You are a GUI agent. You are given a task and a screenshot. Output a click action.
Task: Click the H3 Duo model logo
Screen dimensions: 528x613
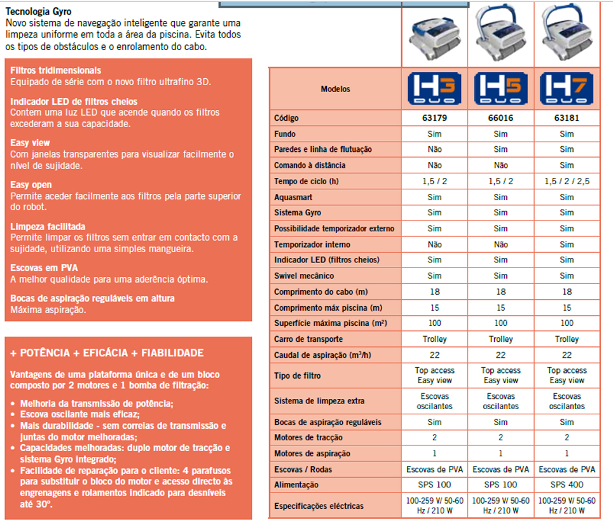[434, 89]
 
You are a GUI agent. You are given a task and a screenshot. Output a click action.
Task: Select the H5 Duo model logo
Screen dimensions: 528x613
[500, 89]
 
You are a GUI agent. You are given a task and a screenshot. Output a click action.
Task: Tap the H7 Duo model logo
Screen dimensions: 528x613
[567, 89]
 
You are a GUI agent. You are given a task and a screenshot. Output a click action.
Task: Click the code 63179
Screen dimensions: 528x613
[434, 118]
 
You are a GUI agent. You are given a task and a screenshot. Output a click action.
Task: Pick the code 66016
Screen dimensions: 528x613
[500, 118]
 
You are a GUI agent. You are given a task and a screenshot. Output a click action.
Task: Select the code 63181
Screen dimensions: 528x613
[567, 118]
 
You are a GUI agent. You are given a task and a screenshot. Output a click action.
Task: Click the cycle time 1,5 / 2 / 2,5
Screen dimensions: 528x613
[567, 181]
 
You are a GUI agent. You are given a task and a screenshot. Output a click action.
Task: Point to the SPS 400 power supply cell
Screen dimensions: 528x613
[567, 485]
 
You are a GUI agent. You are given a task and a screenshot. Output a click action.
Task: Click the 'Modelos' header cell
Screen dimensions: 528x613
[335, 89]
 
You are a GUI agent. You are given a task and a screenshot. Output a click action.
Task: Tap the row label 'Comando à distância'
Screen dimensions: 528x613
[310, 165]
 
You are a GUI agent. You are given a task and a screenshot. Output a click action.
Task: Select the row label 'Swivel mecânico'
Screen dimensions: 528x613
[303, 276]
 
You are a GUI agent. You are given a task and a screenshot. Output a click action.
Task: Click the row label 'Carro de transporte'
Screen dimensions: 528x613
[308, 339]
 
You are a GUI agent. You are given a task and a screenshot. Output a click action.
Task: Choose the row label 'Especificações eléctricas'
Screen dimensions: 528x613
[319, 506]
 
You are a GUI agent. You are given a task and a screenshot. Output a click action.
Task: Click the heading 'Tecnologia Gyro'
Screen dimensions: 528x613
[38, 11]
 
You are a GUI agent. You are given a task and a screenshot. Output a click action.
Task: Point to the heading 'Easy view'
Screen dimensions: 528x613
[30, 143]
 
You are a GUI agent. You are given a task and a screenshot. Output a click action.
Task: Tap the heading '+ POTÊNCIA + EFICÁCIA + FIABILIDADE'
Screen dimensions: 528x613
[107, 353]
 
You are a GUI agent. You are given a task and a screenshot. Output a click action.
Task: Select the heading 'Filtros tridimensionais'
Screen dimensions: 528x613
[56, 71]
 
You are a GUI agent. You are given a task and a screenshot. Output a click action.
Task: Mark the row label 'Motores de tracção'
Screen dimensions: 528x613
[308, 437]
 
